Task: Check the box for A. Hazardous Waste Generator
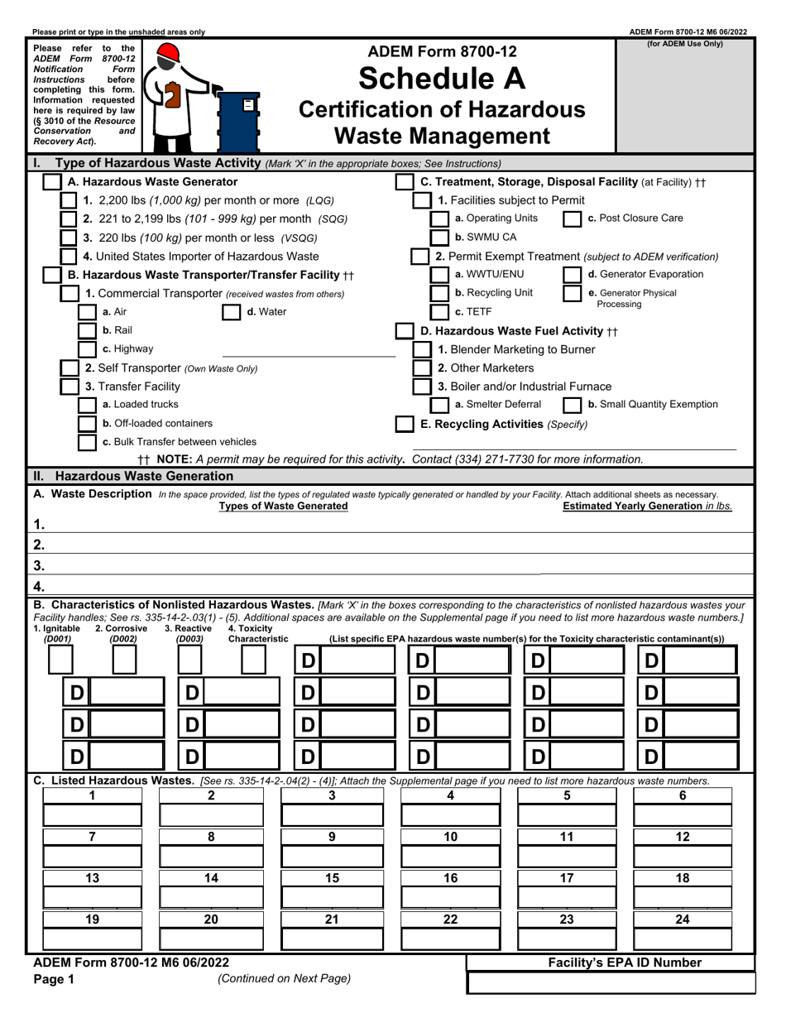coord(51,182)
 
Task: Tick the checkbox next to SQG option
coord(70,219)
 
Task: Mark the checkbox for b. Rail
coord(87,330)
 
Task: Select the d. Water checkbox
coord(232,312)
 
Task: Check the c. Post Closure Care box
coord(572,219)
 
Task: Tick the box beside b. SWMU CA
coord(440,238)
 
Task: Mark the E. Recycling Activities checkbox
coord(405,424)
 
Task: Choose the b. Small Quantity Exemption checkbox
coord(572,405)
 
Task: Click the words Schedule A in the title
coord(441,79)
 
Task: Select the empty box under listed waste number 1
coord(93,815)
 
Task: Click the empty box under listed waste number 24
coord(683,939)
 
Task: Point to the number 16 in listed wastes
coord(450,878)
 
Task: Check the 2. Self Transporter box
coord(70,367)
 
